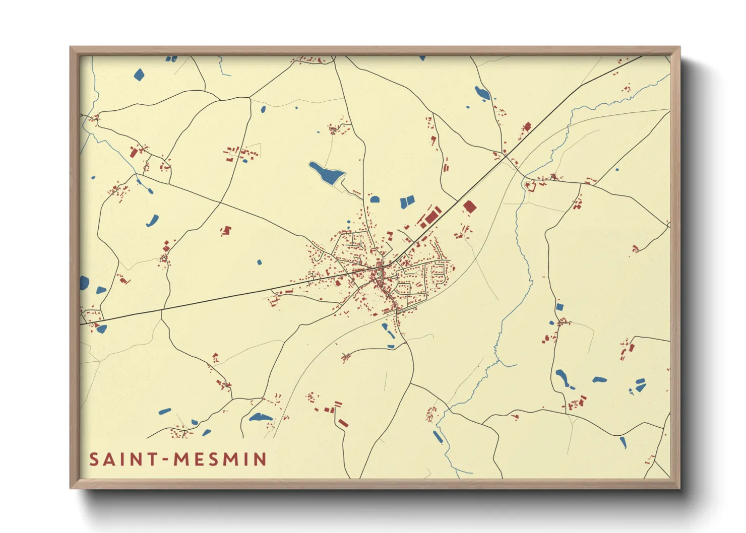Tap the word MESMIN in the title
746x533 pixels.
[220, 459]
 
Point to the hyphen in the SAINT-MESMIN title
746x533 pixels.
[165, 460]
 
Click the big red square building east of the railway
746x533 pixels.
[469, 207]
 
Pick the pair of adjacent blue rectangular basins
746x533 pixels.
[407, 202]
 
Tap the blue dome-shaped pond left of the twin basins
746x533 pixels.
[375, 199]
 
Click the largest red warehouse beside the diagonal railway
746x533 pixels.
[432, 217]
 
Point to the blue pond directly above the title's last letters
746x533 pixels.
[260, 417]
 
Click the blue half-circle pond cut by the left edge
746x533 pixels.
[84, 283]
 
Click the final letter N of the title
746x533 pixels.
[261, 459]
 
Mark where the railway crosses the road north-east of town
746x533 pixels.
[506, 157]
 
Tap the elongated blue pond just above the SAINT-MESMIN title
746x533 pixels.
[165, 412]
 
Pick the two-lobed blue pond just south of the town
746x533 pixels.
[388, 330]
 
